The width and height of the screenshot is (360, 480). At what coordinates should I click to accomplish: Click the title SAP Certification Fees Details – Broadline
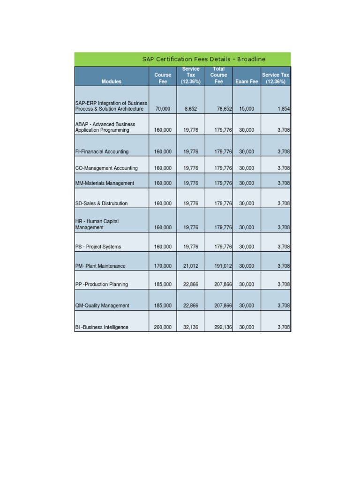coord(204,59)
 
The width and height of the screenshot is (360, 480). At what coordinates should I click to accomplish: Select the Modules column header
coord(111,82)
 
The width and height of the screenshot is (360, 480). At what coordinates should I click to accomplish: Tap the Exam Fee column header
coord(247,82)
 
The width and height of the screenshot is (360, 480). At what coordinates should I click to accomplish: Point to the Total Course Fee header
coord(219,75)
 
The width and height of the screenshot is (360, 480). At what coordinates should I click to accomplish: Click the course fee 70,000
coord(163,109)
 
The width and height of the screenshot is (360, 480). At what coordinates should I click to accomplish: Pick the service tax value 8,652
coord(191,109)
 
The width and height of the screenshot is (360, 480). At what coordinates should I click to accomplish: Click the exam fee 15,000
coord(247,109)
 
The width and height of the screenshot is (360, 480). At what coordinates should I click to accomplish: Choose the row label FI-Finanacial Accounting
coord(102,152)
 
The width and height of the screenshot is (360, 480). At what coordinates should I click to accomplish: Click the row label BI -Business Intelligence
coord(102,327)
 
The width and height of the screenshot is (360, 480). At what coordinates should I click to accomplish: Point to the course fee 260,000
coord(163,327)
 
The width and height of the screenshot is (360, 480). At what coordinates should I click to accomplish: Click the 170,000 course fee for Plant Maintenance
coord(163,266)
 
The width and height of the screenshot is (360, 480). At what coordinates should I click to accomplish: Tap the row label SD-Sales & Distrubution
coord(101,203)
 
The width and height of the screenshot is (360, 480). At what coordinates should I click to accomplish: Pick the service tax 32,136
coord(191,327)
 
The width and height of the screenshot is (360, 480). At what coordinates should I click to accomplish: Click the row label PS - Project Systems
coord(98,247)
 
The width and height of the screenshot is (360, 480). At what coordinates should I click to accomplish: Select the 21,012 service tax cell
coord(191,266)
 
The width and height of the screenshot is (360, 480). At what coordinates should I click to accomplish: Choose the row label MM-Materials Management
coord(105,183)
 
